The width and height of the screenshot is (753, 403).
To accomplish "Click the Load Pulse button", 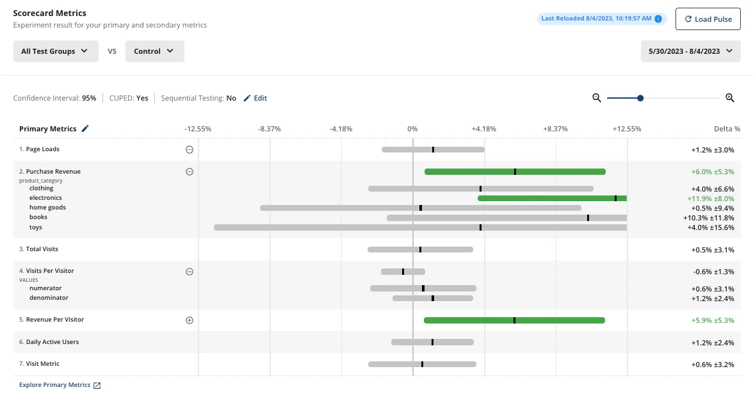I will coord(708,19).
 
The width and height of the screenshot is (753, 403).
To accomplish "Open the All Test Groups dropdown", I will coord(56,51).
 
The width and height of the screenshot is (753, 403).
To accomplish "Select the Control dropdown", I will coord(154,51).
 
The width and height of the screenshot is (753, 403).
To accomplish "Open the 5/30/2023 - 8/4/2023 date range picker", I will coord(690,51).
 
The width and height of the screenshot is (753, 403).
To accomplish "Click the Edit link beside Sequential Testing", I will coord(255,98).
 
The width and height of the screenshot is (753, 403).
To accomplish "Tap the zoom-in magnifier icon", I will coord(729,98).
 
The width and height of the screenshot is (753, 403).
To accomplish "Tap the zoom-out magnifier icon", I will coord(597,98).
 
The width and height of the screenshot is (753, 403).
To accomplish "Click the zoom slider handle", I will coord(640,98).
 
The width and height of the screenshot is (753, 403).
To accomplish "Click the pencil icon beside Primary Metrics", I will coord(85,129).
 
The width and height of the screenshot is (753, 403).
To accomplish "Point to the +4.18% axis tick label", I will coord(484,129).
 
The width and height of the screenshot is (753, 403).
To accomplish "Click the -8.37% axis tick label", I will coord(270,129).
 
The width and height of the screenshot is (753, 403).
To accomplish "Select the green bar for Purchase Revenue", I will coord(515,172).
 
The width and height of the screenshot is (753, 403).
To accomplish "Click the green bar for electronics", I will coord(552,199).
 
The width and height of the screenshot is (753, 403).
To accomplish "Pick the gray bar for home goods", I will coord(420,208).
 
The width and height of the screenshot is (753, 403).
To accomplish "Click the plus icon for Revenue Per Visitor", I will coord(190,320).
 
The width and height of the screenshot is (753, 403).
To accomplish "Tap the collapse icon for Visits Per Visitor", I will coord(190,272).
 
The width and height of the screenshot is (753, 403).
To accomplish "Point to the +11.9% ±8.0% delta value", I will coord(711,199).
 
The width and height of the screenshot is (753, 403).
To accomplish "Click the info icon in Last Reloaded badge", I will coord(658,19).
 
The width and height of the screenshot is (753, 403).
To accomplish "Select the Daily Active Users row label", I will coord(53,342).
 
